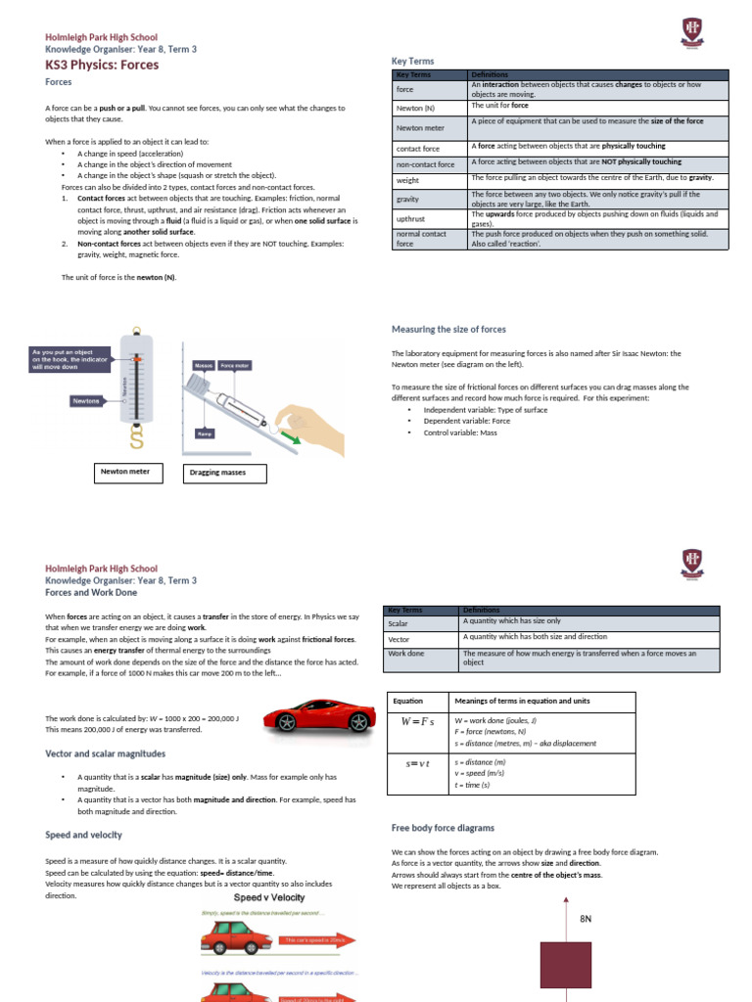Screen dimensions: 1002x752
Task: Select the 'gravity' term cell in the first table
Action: (x=407, y=199)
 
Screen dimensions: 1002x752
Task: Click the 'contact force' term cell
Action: (x=415, y=149)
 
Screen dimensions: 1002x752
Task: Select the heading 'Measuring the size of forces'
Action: (x=448, y=330)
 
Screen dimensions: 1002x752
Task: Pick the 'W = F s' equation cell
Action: (x=417, y=722)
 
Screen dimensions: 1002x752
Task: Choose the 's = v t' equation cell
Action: (x=417, y=761)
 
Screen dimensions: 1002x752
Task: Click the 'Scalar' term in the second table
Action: (x=399, y=622)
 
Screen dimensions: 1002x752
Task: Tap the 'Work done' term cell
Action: (x=405, y=653)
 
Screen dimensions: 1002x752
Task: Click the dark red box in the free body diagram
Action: (x=568, y=966)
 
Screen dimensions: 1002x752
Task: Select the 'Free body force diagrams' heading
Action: (x=443, y=828)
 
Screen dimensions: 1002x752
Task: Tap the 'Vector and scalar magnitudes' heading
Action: (x=106, y=753)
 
